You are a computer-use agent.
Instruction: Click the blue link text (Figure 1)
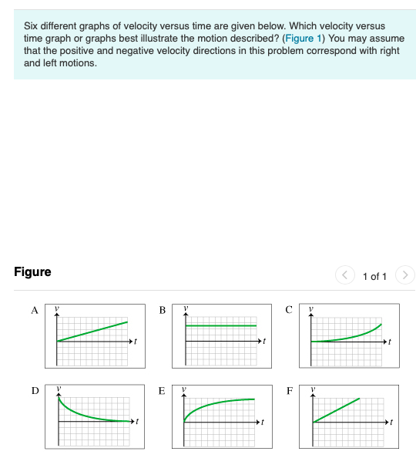(304, 38)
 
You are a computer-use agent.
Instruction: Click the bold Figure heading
(32, 272)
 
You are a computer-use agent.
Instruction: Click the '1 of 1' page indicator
(374, 276)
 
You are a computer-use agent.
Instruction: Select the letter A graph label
(34, 310)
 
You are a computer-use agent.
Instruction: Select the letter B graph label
(162, 310)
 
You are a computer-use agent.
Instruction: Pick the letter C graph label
(288, 310)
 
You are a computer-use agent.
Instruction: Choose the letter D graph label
(34, 390)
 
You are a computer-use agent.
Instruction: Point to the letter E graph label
(161, 391)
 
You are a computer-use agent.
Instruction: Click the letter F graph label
(289, 390)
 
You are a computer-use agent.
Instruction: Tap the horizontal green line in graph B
(220, 325)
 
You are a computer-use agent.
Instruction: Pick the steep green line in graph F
(337, 409)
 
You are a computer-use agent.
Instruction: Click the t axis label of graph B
(263, 341)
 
